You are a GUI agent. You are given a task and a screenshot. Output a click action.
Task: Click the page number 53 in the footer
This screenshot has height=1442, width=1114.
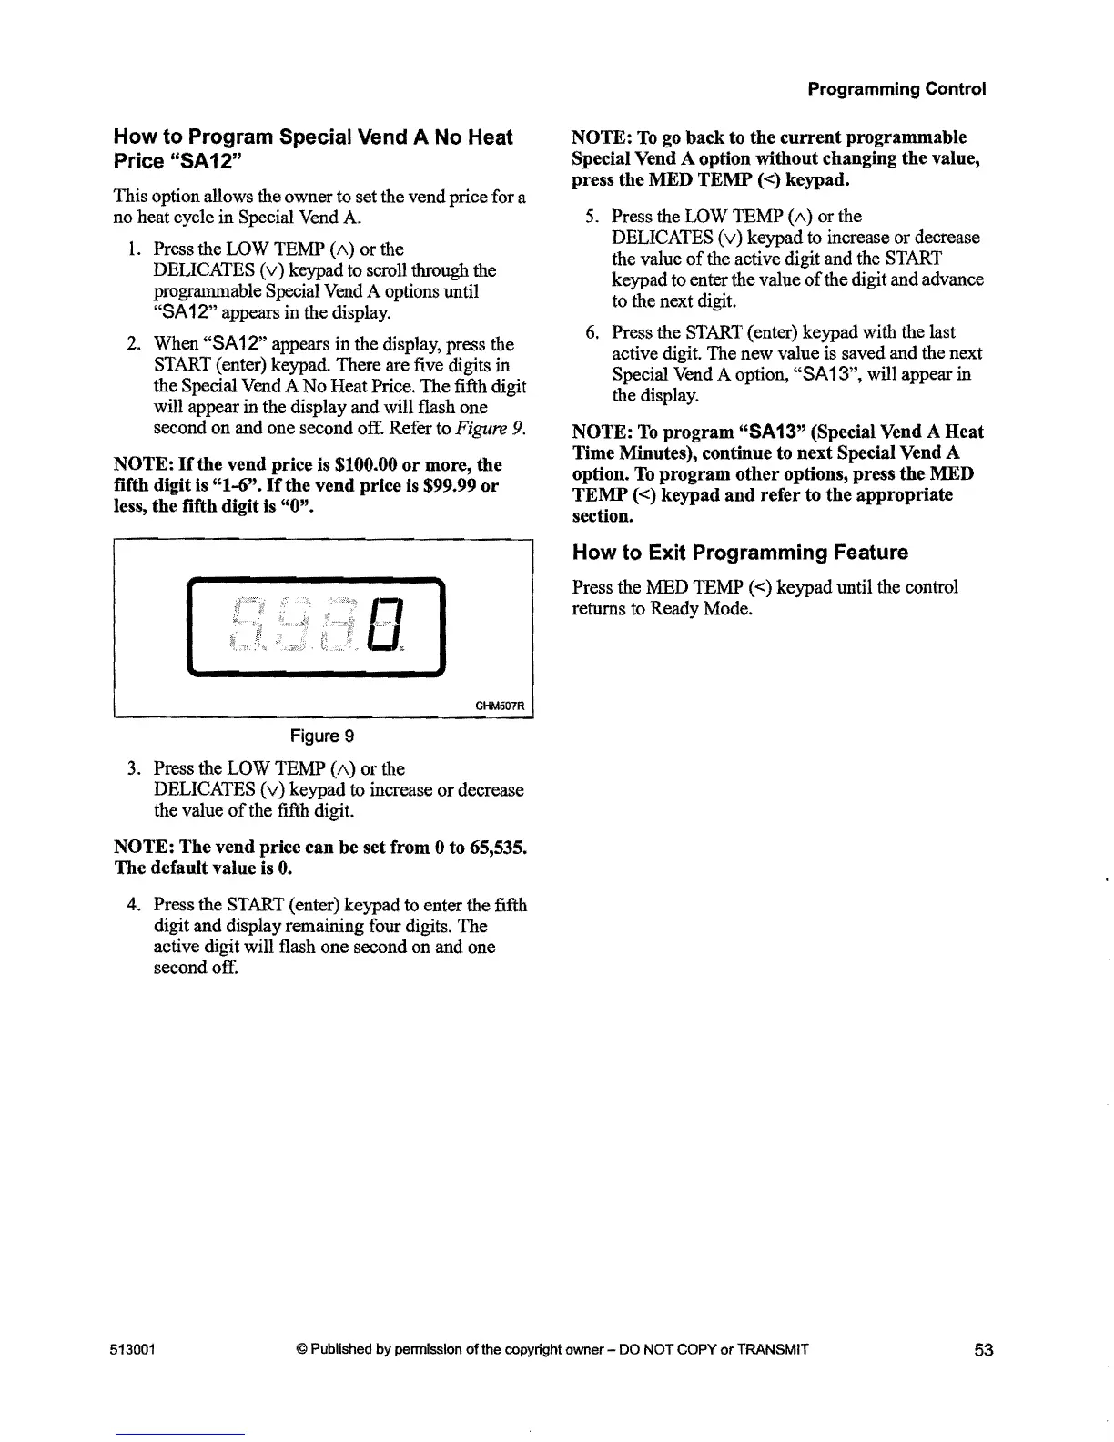pyautogui.click(x=983, y=1350)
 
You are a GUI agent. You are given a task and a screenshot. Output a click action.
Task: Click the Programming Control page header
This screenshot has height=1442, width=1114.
pyautogui.click(x=896, y=89)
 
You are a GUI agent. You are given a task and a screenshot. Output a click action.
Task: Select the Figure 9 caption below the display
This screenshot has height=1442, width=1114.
pyautogui.click(x=322, y=736)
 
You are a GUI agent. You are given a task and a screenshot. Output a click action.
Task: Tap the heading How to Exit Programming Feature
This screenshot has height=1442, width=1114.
pyautogui.click(x=740, y=553)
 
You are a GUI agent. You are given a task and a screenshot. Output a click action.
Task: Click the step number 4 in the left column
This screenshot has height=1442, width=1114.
pyautogui.click(x=133, y=905)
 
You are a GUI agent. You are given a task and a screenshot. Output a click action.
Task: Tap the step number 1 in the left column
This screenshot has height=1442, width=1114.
pyautogui.click(x=133, y=249)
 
